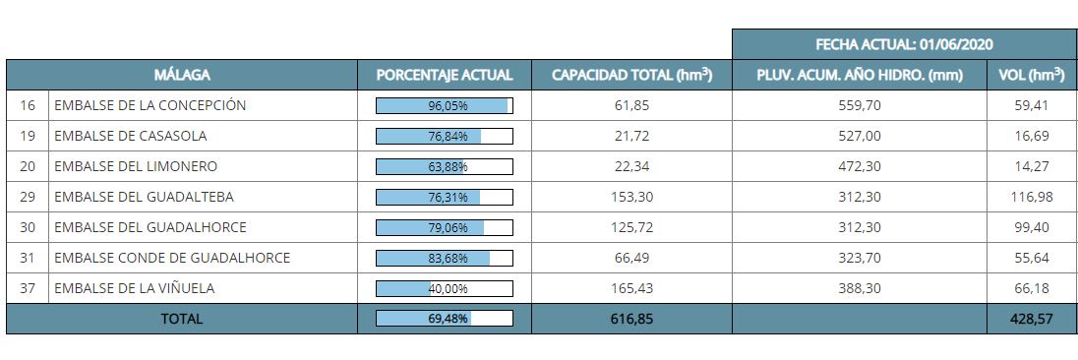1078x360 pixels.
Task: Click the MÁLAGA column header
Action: pyautogui.click(x=182, y=75)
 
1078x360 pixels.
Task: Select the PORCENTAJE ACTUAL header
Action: pyautogui.click(x=445, y=75)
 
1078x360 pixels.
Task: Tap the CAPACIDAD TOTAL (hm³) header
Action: pyautogui.click(x=631, y=75)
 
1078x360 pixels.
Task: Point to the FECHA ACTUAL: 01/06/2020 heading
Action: pyautogui.click(x=904, y=44)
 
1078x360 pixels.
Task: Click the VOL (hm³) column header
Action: pyautogui.click(x=1031, y=75)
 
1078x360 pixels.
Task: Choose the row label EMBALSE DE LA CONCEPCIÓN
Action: pyautogui.click(x=150, y=105)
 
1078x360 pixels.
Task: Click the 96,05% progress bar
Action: pyautogui.click(x=445, y=106)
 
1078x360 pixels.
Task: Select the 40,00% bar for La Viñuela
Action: pyautogui.click(x=445, y=288)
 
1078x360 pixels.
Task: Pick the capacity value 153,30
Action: pyautogui.click(x=631, y=197)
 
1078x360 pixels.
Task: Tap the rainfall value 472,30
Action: pyautogui.click(x=860, y=166)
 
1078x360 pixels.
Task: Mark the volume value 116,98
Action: pyautogui.click(x=1032, y=197)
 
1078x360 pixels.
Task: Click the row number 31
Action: pyautogui.click(x=28, y=259)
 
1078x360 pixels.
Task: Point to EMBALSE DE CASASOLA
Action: pyautogui.click(x=131, y=136)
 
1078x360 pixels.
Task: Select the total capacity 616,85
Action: pyautogui.click(x=631, y=319)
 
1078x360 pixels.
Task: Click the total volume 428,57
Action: pyautogui.click(x=1032, y=319)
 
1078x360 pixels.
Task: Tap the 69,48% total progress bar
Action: pyautogui.click(x=445, y=318)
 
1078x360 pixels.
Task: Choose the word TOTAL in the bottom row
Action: pyautogui.click(x=182, y=319)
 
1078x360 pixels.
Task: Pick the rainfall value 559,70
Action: pyautogui.click(x=860, y=106)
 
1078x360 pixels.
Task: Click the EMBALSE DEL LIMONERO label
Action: pyautogui.click(x=136, y=166)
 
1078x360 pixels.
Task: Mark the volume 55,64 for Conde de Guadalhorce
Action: pyautogui.click(x=1032, y=259)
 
